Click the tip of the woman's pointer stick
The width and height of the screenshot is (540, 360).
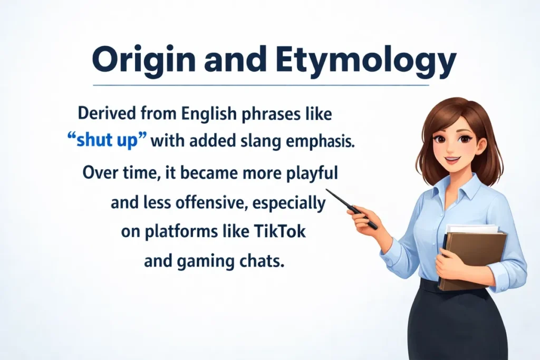327,190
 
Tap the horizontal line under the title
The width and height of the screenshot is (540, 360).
261,85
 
